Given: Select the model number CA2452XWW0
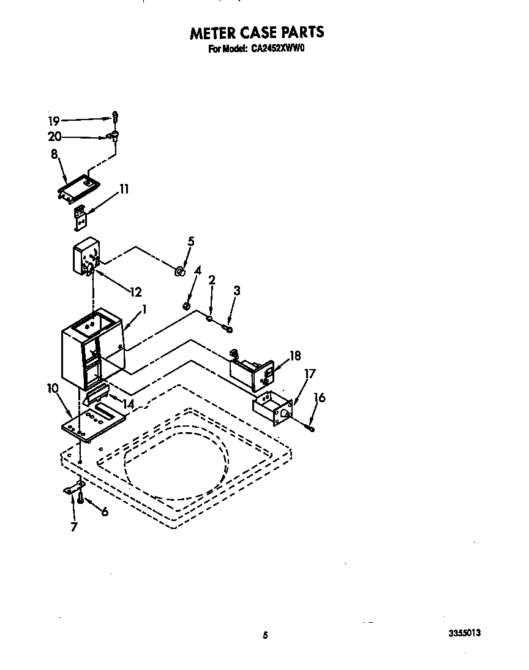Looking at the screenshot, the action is click(278, 50).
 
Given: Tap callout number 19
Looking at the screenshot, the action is click(54, 121).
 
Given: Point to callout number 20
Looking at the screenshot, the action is click(55, 137).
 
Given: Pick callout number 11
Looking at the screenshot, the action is click(123, 189).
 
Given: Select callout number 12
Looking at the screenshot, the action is click(136, 291).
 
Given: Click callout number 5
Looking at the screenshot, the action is click(191, 242).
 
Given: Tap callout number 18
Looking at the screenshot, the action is click(295, 356).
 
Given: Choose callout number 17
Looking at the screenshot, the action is click(310, 373).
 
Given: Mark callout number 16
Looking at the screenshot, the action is click(320, 398).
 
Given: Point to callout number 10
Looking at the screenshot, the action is click(53, 388).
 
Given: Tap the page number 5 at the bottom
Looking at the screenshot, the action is click(265, 636).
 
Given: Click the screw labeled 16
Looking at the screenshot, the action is click(312, 429).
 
